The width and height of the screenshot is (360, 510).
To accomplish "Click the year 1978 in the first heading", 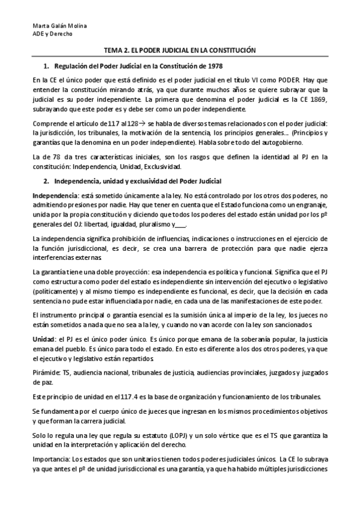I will pyautogui.click(x=215, y=66).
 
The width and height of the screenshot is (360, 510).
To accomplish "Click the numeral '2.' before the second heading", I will pyautogui.click(x=47, y=181).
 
